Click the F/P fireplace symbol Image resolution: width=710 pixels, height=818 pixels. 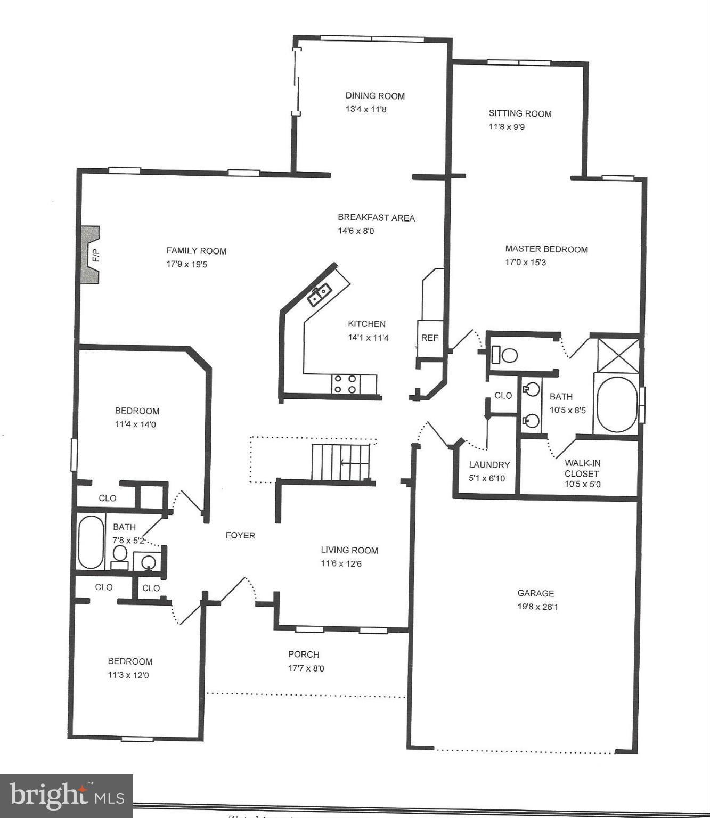click(91, 255)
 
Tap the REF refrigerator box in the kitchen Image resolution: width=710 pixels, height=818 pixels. click(430, 338)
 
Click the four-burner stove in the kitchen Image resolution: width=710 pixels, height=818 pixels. click(345, 384)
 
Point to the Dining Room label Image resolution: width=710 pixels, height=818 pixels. click(375, 96)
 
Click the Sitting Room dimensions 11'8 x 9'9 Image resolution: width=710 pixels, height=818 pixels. click(507, 127)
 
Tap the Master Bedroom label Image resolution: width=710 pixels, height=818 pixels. click(546, 249)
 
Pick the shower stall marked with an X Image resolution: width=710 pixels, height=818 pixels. click(618, 355)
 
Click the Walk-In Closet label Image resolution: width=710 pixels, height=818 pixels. click(582, 468)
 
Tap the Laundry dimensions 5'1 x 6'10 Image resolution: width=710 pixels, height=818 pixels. click(487, 478)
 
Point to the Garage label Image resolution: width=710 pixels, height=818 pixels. click(536, 593)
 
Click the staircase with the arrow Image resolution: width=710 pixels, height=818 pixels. click(341, 462)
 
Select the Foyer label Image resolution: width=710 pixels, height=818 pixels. click(240, 535)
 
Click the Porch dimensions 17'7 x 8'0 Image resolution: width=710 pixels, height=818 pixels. click(306, 668)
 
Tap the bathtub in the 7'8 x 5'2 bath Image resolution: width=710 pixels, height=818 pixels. click(91, 542)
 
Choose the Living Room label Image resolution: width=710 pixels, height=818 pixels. click(349, 550)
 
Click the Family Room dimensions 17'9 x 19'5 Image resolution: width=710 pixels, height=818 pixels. click(186, 264)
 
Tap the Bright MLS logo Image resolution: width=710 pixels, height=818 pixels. click(67, 796)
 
